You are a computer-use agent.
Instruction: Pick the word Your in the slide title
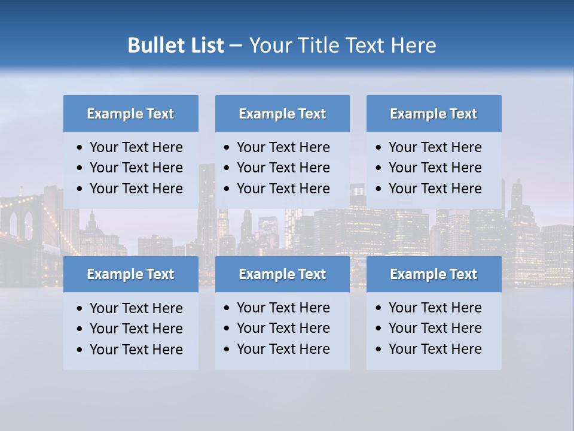click(269, 45)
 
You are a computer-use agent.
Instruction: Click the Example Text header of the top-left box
click(130, 114)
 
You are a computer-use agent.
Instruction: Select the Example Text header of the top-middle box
click(282, 114)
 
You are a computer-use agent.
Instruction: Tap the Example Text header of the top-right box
click(433, 114)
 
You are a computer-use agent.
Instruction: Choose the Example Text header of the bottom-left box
click(130, 274)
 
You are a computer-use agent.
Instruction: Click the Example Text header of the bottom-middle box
click(282, 274)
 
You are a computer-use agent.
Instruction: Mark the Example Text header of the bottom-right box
click(433, 274)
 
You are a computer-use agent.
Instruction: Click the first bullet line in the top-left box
click(136, 147)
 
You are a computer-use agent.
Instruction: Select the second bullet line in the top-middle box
click(283, 168)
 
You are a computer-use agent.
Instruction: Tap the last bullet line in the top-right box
click(435, 189)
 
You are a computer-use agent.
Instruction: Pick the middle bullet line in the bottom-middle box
click(283, 328)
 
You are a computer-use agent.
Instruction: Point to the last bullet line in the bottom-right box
click(435, 349)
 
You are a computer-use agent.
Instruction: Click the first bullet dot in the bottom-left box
click(80, 309)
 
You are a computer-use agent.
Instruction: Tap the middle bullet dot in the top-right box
click(379, 168)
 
